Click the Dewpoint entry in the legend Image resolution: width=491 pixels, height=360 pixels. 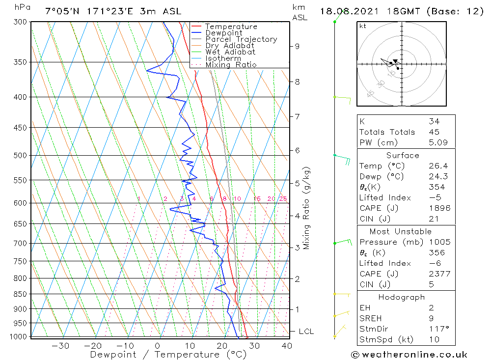(223, 33)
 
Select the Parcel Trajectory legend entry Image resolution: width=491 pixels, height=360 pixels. (241, 39)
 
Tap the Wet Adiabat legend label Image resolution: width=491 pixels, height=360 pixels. (230, 52)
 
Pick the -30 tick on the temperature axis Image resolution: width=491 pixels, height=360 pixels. (60, 345)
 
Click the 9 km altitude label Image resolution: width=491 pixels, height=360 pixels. (297, 46)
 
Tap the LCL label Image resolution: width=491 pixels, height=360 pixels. (306, 332)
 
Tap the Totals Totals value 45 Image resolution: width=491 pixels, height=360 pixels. (434, 132)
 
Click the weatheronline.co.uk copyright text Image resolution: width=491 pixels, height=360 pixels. (409, 354)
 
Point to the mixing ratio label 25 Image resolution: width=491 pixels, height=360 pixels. (283, 199)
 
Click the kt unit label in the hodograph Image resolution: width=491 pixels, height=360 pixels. (362, 26)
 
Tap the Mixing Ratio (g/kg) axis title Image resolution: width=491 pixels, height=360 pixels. (306, 208)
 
